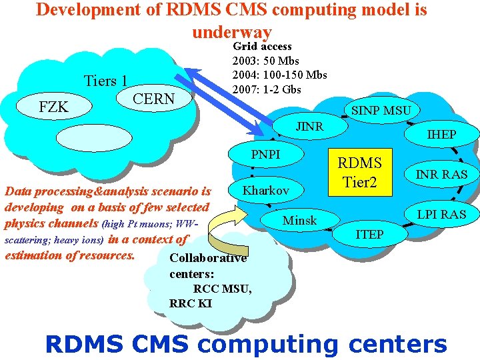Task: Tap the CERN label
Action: [x=154, y=99]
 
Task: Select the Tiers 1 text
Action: [x=105, y=81]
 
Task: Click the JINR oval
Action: [x=309, y=127]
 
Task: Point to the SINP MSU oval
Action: [x=381, y=110]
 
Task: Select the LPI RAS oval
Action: [x=441, y=214]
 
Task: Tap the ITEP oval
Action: [x=369, y=234]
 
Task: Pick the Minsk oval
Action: [x=300, y=221]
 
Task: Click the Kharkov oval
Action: [x=265, y=191]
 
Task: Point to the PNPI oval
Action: [x=265, y=155]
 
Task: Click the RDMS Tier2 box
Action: [x=360, y=173]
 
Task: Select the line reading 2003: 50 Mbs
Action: [x=265, y=61]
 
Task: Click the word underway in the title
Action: [x=231, y=31]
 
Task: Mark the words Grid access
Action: [x=262, y=47]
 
